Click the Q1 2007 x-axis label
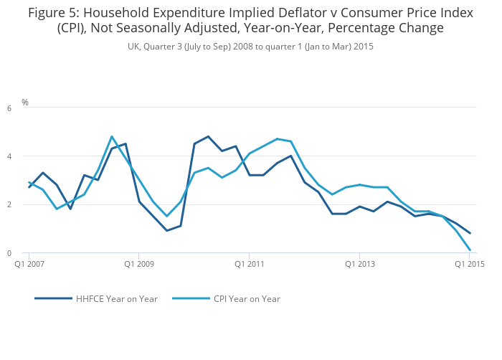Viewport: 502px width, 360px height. [29, 264]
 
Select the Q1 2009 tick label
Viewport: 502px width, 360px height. [138, 264]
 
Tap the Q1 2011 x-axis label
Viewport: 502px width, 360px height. [249, 264]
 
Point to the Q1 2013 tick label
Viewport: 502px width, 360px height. [359, 264]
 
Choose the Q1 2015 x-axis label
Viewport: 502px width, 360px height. [470, 264]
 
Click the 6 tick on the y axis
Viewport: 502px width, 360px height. [9, 108]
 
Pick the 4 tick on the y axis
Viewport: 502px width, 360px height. [9, 156]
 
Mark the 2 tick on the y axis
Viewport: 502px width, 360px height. [9, 205]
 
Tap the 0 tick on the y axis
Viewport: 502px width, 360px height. [9, 253]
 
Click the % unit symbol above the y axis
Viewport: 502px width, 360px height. [25, 103]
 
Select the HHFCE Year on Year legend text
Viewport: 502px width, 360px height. [116, 299]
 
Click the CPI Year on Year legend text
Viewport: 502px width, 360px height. [247, 299]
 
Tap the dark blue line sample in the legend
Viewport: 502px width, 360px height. [53, 298]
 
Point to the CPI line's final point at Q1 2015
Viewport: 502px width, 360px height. [470, 250]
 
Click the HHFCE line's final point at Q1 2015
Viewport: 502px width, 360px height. [470, 233]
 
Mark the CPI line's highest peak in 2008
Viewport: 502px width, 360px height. [112, 136]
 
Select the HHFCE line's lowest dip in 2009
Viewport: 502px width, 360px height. [167, 230]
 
